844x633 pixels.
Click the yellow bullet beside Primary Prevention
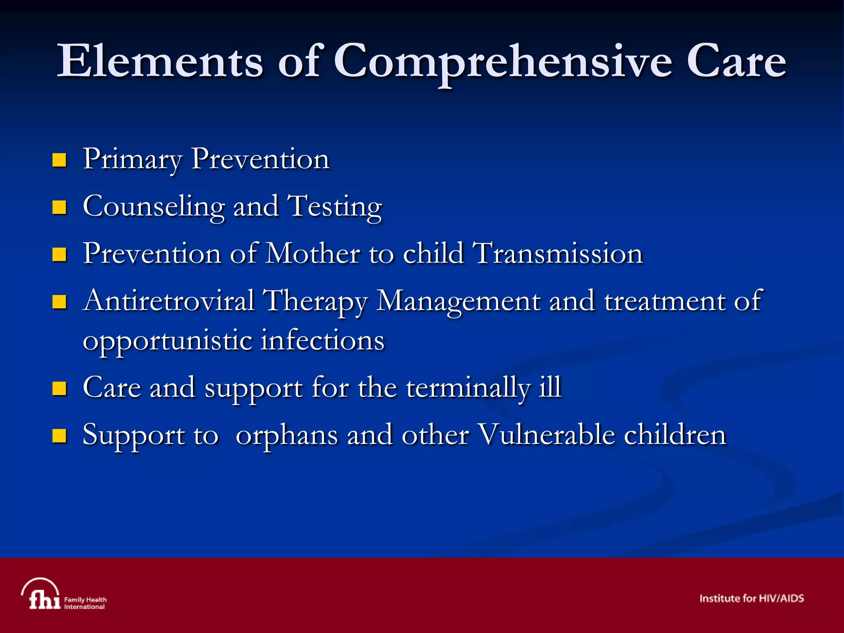(x=59, y=160)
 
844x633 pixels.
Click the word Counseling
(x=154, y=206)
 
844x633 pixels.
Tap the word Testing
(x=334, y=207)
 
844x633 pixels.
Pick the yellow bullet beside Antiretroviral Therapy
(x=59, y=302)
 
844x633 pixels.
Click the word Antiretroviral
(x=169, y=300)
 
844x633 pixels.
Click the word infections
(x=323, y=340)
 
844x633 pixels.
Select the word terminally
(x=468, y=388)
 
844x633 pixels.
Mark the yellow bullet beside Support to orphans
(x=59, y=436)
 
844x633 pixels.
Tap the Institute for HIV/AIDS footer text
(x=751, y=598)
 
